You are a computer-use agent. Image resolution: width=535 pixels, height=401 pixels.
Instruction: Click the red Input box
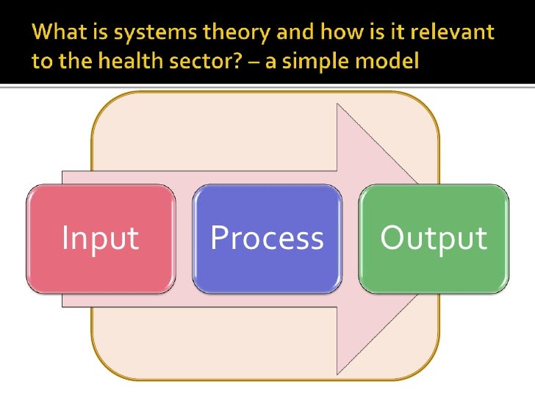coord(101,239)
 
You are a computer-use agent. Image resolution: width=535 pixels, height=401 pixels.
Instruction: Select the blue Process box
coord(267,239)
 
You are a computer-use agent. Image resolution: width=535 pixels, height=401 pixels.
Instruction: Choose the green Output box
coord(434,239)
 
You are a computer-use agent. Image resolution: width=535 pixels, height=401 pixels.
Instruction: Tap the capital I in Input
coord(65,237)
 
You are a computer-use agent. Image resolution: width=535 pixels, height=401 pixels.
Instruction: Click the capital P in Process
coord(218,237)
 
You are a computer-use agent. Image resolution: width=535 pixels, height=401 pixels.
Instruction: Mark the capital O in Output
coord(392,237)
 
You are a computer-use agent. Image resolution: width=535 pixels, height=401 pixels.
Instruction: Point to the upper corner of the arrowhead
coord(337,104)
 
